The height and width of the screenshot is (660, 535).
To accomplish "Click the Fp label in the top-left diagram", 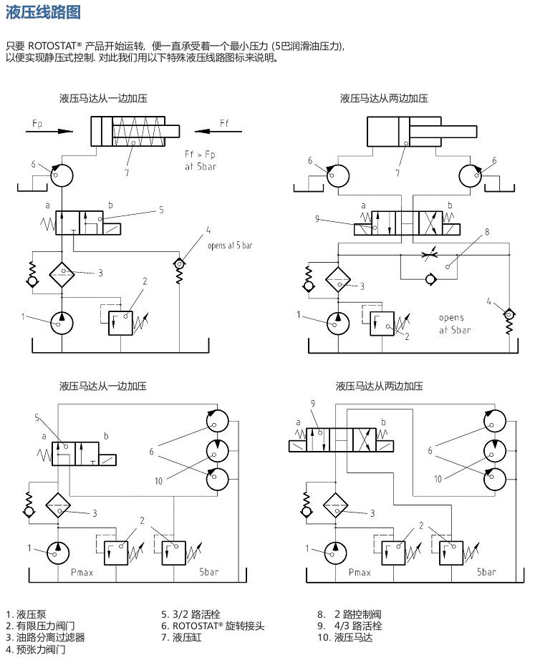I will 37,124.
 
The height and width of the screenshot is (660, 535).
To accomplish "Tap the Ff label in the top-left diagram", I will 224,122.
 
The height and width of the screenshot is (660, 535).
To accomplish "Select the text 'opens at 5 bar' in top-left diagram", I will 229,246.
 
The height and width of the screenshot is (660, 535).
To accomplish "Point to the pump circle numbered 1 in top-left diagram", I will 62,320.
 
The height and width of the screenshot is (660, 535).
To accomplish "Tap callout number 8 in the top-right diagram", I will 486,232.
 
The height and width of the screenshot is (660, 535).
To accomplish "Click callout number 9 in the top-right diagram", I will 317,219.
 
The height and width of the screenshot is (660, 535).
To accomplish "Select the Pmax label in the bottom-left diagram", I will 82,572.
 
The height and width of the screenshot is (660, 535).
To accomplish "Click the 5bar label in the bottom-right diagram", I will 487,572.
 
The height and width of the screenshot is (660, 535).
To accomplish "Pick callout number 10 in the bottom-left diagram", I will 159,480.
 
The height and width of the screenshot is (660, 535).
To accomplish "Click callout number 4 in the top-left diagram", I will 208,230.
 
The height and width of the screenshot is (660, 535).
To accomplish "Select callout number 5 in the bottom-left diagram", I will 37,417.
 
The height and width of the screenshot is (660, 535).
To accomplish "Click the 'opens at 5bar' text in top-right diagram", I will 455,324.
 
